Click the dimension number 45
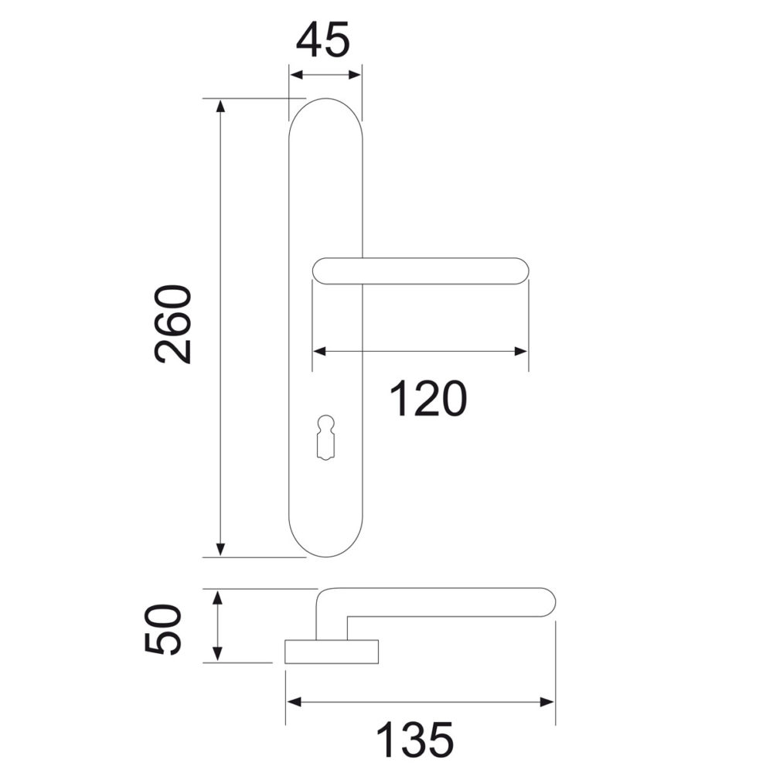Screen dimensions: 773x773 tap(323, 39)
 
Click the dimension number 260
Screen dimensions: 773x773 tap(172, 325)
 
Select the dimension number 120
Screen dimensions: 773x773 tap(428, 398)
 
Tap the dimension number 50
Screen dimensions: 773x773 tap(163, 629)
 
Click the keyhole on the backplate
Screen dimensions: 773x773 tap(326, 438)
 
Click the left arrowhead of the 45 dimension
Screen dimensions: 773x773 tap(296, 75)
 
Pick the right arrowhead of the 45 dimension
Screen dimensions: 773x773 tap(355, 75)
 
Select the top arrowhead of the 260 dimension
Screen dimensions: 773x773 tap(220, 106)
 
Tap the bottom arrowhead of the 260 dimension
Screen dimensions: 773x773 tap(220, 550)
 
